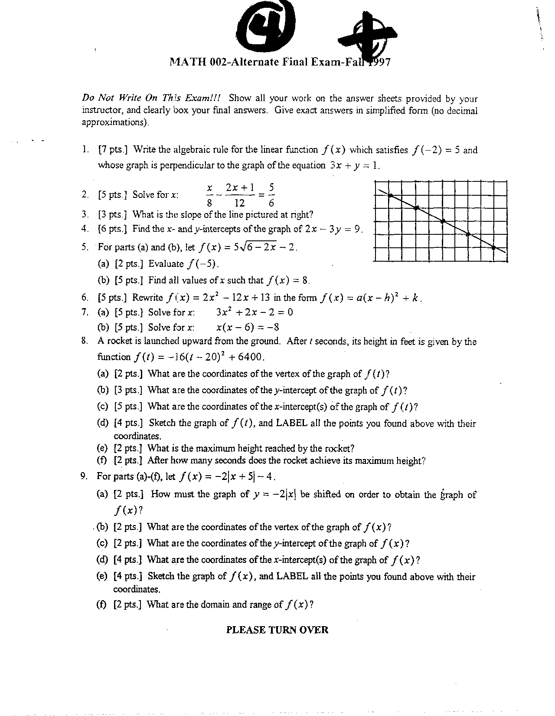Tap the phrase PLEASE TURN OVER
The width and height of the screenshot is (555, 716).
(277, 630)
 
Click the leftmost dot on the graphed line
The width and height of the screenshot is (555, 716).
(390, 196)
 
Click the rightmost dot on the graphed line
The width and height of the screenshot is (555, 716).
(494, 247)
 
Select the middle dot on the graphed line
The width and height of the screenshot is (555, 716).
(443, 221)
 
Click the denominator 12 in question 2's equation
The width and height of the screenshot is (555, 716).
(239, 203)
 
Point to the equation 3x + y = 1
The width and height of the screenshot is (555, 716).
(355, 165)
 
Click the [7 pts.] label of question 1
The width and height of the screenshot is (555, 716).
(113, 150)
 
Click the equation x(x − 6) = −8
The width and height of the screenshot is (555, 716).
(248, 327)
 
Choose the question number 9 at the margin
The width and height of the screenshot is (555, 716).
(85, 476)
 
